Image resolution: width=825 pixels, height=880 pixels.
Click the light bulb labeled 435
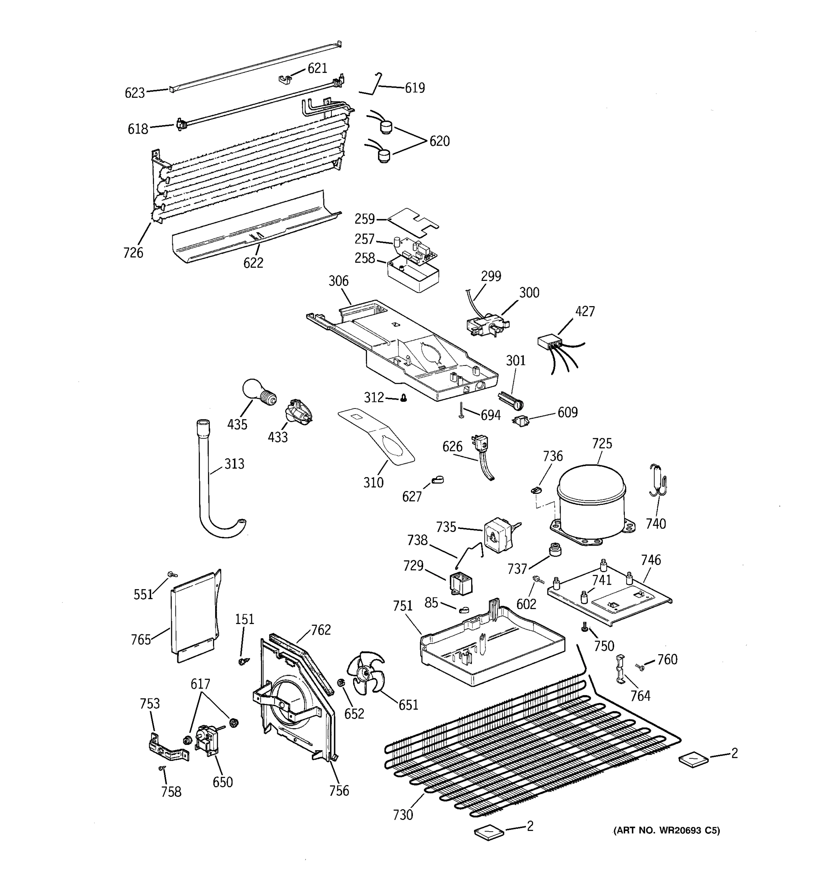[x=258, y=391]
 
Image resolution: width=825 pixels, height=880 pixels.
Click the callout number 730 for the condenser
[x=402, y=815]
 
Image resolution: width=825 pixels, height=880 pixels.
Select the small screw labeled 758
[x=162, y=769]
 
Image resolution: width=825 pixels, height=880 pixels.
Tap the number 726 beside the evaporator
[x=133, y=253]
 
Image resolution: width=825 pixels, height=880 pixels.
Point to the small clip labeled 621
[x=286, y=79]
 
